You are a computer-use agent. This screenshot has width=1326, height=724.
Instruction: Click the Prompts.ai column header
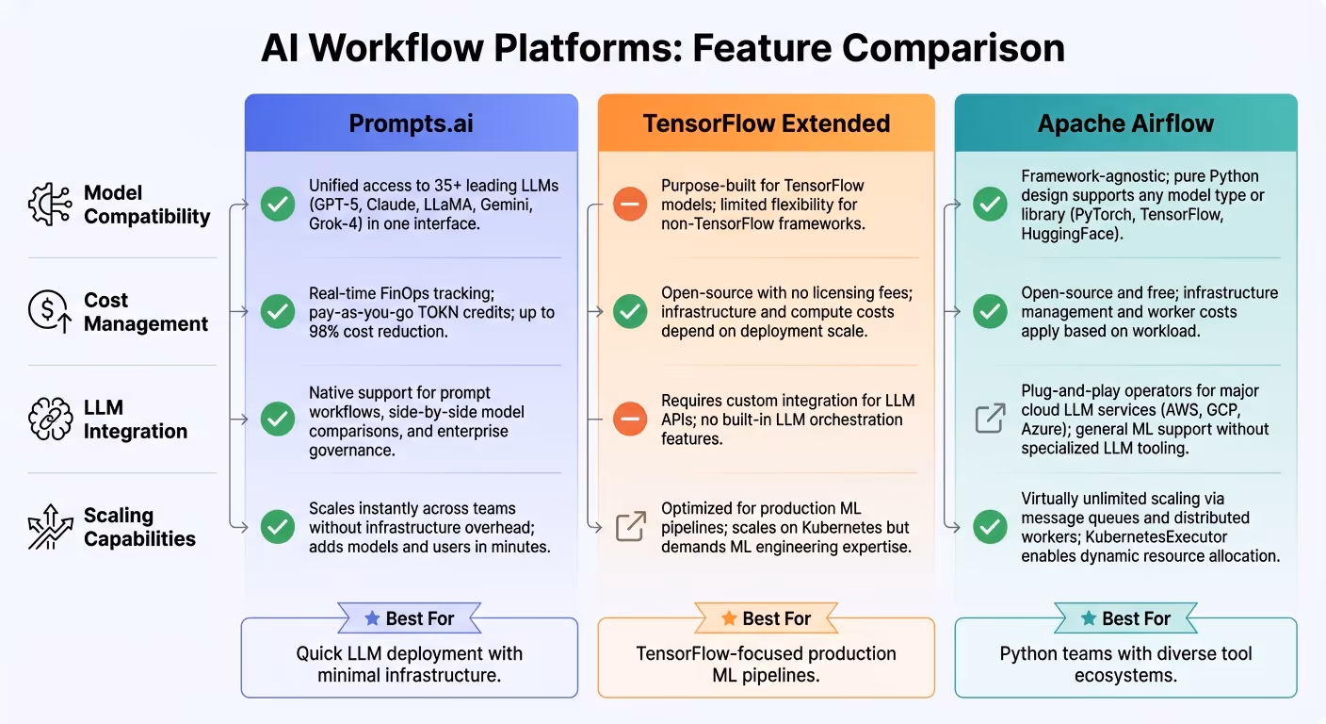(x=411, y=123)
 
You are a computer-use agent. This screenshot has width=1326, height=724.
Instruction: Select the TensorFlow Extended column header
(x=766, y=123)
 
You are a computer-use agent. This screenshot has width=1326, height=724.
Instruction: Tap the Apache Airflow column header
(x=1125, y=123)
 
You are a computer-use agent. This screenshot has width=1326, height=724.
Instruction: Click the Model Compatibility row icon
(x=50, y=205)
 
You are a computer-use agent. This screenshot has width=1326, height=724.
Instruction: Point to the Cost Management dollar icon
(x=50, y=312)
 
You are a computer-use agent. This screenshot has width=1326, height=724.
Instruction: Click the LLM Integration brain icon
(x=50, y=420)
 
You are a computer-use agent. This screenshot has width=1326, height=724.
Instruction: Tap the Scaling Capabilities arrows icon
(x=50, y=527)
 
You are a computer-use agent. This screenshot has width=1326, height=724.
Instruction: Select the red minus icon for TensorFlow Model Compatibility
(x=630, y=205)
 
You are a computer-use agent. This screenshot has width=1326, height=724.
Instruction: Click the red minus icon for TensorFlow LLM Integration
(x=630, y=419)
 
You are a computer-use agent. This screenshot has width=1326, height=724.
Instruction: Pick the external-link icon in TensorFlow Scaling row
(x=630, y=526)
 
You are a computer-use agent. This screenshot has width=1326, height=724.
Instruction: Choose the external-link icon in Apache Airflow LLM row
(x=990, y=419)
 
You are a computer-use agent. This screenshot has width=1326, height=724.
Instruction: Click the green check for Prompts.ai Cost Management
(x=277, y=311)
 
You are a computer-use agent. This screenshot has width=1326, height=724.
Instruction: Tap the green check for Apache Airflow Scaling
(x=990, y=526)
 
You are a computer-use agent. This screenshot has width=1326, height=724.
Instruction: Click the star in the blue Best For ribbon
(x=372, y=618)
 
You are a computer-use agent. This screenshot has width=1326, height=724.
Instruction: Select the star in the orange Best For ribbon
(x=728, y=618)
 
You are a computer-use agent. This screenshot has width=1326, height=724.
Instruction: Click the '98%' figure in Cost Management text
(x=328, y=332)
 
